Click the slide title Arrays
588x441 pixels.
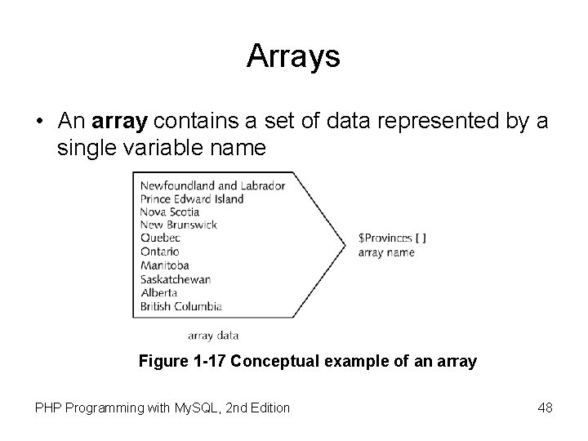[x=293, y=56]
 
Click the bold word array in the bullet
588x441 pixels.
[x=119, y=122]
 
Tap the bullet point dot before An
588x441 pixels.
[x=39, y=122]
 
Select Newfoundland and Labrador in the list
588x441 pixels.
[x=212, y=185]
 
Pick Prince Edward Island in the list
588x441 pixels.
[x=192, y=198]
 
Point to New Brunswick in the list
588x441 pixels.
[x=179, y=225]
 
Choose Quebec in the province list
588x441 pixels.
[x=160, y=238]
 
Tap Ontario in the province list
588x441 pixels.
[x=159, y=252]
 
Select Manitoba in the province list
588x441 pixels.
[x=165, y=265]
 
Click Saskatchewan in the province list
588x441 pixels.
[x=176, y=279]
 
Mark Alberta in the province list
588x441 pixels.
[x=158, y=292]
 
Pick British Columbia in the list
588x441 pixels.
[x=180, y=306]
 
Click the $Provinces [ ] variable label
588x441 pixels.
[x=392, y=238]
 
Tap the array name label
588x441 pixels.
[x=386, y=252]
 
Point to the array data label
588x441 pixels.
[x=212, y=335]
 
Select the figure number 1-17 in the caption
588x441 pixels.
[x=207, y=360]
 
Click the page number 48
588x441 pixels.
[x=545, y=407]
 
